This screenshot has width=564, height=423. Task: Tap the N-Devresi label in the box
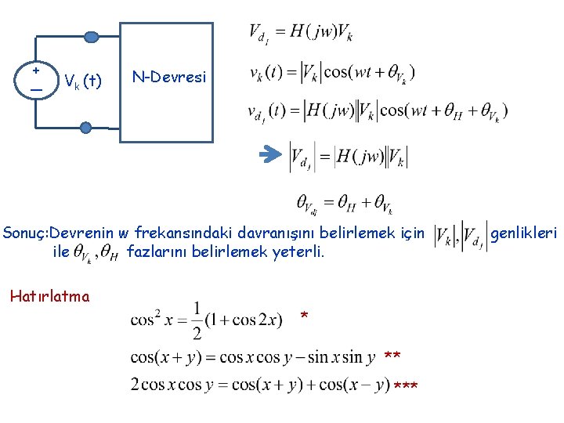point(169,77)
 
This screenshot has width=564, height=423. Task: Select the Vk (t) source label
point(82,80)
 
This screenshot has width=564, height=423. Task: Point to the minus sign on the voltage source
point(36,89)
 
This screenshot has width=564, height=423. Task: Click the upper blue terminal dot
point(92,37)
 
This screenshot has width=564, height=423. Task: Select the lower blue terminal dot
point(85,126)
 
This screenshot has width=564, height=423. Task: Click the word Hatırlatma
point(49,296)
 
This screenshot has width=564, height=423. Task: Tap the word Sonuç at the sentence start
point(24,233)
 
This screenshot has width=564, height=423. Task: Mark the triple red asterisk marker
point(405,387)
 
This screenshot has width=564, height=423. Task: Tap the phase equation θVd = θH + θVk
point(345,204)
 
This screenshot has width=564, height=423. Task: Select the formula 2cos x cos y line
point(260,385)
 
